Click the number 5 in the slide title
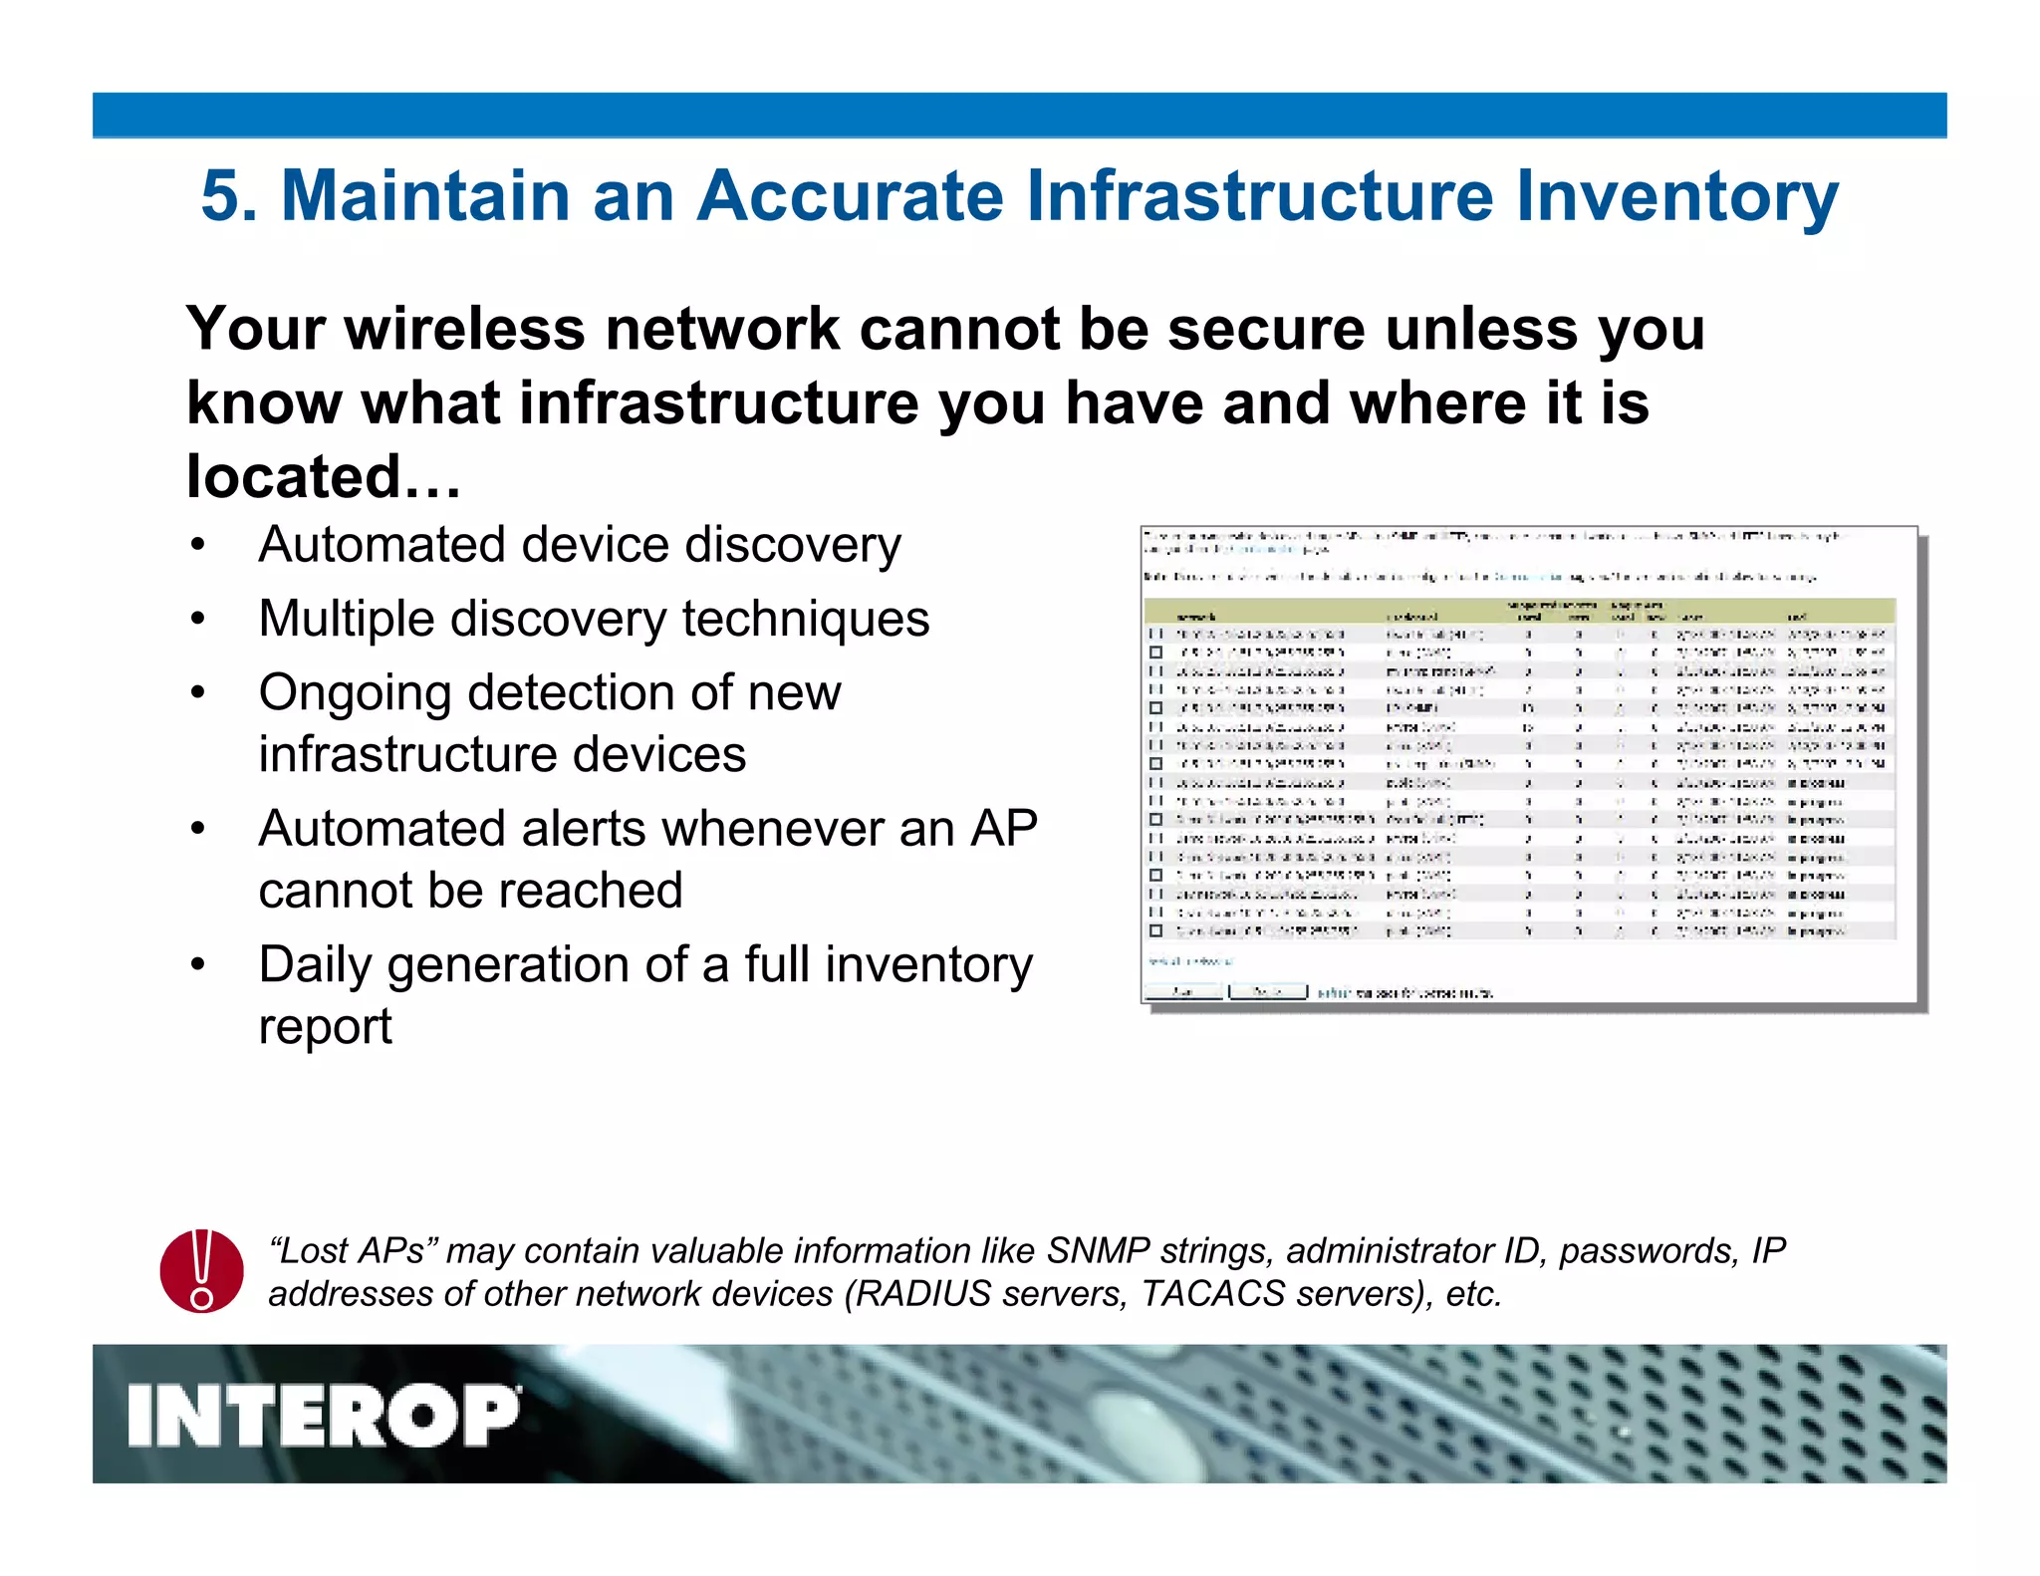pyautogui.click(x=221, y=195)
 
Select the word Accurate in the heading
pyautogui.click(x=850, y=195)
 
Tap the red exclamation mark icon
pyautogui.click(x=202, y=1270)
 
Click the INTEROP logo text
pyautogui.click(x=324, y=1416)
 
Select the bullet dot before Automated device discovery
pyautogui.click(x=198, y=546)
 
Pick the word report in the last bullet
pyautogui.click(x=325, y=1026)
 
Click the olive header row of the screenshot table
pyautogui.click(x=1518, y=611)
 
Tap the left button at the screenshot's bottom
pyautogui.click(x=1182, y=992)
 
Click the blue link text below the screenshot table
pyautogui.click(x=1189, y=961)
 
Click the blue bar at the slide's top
pyautogui.click(x=1019, y=115)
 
